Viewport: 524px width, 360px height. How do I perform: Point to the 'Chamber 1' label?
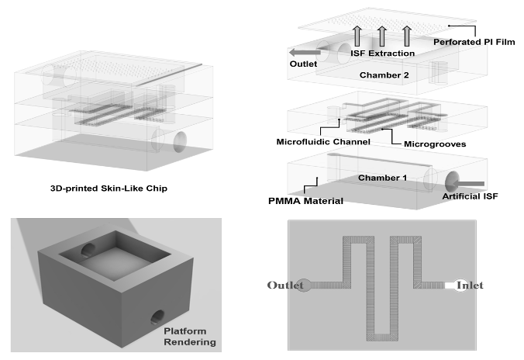[383, 178]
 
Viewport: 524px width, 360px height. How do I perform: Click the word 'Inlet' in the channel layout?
[470, 286]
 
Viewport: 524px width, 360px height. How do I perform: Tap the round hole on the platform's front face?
[158, 317]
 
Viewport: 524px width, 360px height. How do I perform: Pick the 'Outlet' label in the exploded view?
[302, 64]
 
